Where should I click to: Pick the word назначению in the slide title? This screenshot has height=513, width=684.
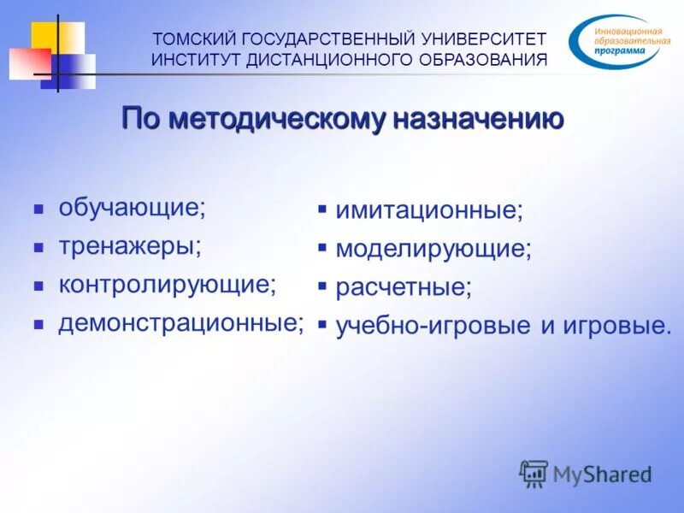[x=478, y=119]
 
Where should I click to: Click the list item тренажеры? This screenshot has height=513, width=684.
[x=129, y=246]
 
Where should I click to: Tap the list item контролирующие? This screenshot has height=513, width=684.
[x=167, y=285]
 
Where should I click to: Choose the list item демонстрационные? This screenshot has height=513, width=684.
[x=181, y=322]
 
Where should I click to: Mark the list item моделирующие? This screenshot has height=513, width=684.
[x=433, y=249]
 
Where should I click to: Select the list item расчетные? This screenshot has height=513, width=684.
[x=403, y=286]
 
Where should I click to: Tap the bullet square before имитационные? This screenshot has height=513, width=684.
[x=322, y=209]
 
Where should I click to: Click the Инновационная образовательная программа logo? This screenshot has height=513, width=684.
[x=616, y=42]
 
